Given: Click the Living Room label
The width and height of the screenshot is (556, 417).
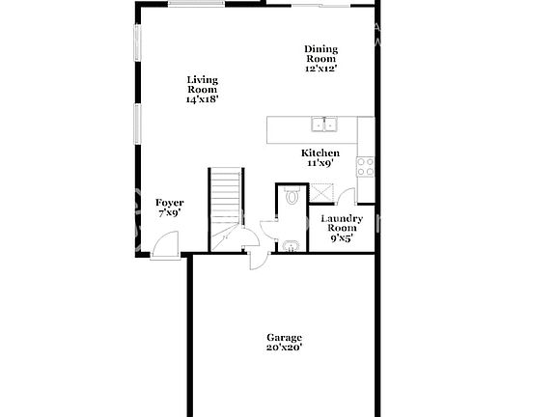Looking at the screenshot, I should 203,85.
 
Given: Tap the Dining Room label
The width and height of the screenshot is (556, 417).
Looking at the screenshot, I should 320,54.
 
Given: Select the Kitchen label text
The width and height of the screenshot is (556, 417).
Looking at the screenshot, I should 320,153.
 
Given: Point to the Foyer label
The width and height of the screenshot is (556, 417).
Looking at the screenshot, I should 169,203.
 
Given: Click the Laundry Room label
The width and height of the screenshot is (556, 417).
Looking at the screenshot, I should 342,225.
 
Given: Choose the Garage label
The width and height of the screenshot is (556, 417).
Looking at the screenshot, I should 285,337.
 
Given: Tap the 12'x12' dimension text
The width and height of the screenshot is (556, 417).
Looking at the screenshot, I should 320,69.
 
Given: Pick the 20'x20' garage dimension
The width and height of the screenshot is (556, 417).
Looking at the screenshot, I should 285,347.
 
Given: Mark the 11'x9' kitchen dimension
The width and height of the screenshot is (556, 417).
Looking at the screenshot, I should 320,164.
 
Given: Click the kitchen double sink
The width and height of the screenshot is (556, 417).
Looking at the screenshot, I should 323,125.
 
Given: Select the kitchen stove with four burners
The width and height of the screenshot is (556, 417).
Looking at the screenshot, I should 365,166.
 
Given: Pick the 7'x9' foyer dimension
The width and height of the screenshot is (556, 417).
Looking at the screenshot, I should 169,213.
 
